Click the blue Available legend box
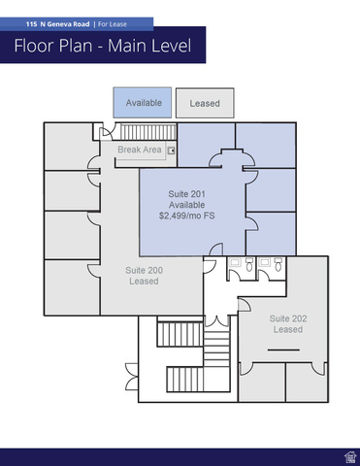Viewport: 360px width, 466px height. [x=143, y=102]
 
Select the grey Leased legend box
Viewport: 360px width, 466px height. [x=205, y=103]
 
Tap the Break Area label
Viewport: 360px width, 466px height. [x=140, y=150]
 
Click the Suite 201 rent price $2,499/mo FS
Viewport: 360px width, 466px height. [x=186, y=216]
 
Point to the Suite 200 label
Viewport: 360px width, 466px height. [x=144, y=270]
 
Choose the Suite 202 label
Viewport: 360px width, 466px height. [x=288, y=318]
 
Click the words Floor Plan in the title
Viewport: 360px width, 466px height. [x=53, y=46]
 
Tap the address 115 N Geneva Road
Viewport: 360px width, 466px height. [x=58, y=24]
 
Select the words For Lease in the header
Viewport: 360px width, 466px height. [x=113, y=24]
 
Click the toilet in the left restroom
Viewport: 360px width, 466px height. [x=249, y=265]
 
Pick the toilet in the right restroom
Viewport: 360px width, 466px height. [x=278, y=265]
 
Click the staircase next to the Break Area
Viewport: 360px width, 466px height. [x=148, y=132]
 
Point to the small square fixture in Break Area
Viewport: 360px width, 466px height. [x=171, y=150]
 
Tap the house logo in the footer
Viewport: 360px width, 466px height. [x=350, y=457]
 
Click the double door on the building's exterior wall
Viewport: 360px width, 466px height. [x=132, y=377]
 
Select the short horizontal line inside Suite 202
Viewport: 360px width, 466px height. [x=283, y=349]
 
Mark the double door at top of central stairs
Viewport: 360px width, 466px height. [x=216, y=321]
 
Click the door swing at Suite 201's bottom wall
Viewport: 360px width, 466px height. [x=216, y=250]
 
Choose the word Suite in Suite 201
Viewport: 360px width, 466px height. [x=178, y=194]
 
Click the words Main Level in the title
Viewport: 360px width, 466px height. [x=149, y=46]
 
